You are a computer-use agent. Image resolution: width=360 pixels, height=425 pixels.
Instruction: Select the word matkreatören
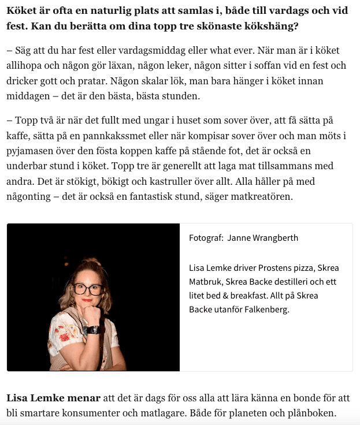(260, 196)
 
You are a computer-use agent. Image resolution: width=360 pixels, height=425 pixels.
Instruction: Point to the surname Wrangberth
(274, 238)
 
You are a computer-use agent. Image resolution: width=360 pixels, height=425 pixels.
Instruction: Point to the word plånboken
(310, 413)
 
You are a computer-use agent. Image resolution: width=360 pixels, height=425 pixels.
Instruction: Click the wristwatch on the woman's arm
(93, 330)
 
